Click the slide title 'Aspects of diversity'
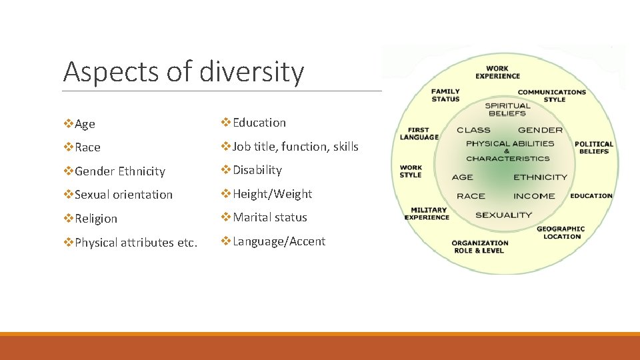183,72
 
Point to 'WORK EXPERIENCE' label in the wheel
497,72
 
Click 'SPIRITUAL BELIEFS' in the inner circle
507,109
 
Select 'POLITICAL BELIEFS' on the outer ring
593,147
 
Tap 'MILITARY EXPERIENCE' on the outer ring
427,213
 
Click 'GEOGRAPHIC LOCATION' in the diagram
561,233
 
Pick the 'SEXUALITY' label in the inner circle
503,215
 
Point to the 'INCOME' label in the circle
534,196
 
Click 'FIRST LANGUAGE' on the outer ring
419,134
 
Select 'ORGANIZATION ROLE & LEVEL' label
479,247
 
